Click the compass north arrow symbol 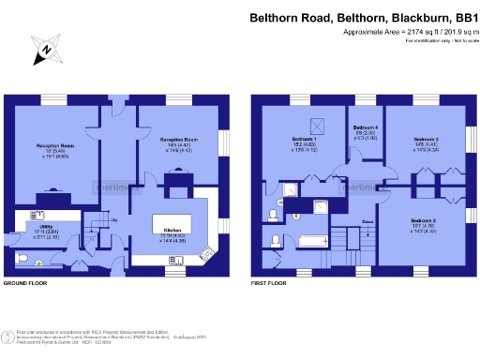click(x=40, y=52)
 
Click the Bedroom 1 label click(x=303, y=139)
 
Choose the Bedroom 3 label click(x=427, y=139)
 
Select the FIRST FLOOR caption click(x=270, y=282)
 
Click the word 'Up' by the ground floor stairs click(x=114, y=221)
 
